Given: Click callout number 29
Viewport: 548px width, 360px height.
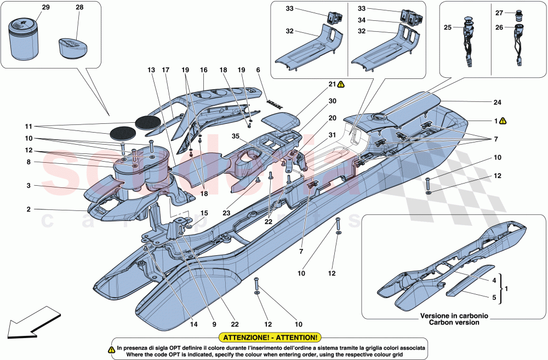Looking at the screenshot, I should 45,7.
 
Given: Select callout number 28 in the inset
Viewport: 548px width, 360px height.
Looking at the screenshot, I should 80,7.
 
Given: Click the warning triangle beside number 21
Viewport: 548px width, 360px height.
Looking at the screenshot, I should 341,84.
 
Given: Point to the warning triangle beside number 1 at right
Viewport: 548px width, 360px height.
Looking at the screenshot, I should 503,121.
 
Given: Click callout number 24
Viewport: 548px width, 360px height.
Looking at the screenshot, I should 497,102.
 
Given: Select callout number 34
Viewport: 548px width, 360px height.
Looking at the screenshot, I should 362,20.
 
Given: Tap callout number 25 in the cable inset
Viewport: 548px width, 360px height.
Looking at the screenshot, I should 448,27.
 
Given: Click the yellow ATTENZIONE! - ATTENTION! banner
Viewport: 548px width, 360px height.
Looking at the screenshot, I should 269,338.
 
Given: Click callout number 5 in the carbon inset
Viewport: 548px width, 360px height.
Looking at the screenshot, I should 495,298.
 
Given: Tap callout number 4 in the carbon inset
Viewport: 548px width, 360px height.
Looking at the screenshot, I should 495,280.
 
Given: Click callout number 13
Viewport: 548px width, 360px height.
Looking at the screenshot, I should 151,70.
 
